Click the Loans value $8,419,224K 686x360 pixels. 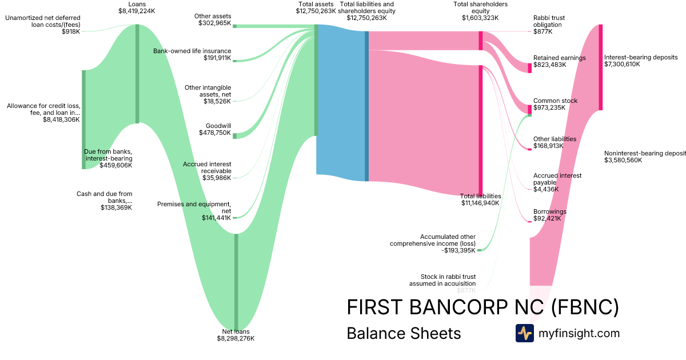tap(137, 11)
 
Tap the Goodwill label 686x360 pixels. tap(218, 126)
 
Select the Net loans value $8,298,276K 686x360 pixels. tap(236, 339)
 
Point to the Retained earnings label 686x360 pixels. tap(559, 58)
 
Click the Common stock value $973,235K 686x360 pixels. tap(549, 107)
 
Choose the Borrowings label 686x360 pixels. tap(549, 211)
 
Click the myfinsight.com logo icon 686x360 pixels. tap(524, 333)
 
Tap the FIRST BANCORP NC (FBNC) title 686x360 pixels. tap(482, 307)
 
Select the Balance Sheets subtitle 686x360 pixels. tap(404, 333)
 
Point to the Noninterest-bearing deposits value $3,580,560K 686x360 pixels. tap(623, 161)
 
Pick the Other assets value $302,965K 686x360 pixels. tap(214, 23)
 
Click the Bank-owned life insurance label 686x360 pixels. tap(192, 51)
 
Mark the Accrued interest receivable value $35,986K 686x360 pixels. tap(217, 178)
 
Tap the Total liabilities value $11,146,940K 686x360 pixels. tap(480, 203)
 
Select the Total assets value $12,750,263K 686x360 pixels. tap(316, 11)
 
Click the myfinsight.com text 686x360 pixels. tap(579, 333)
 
